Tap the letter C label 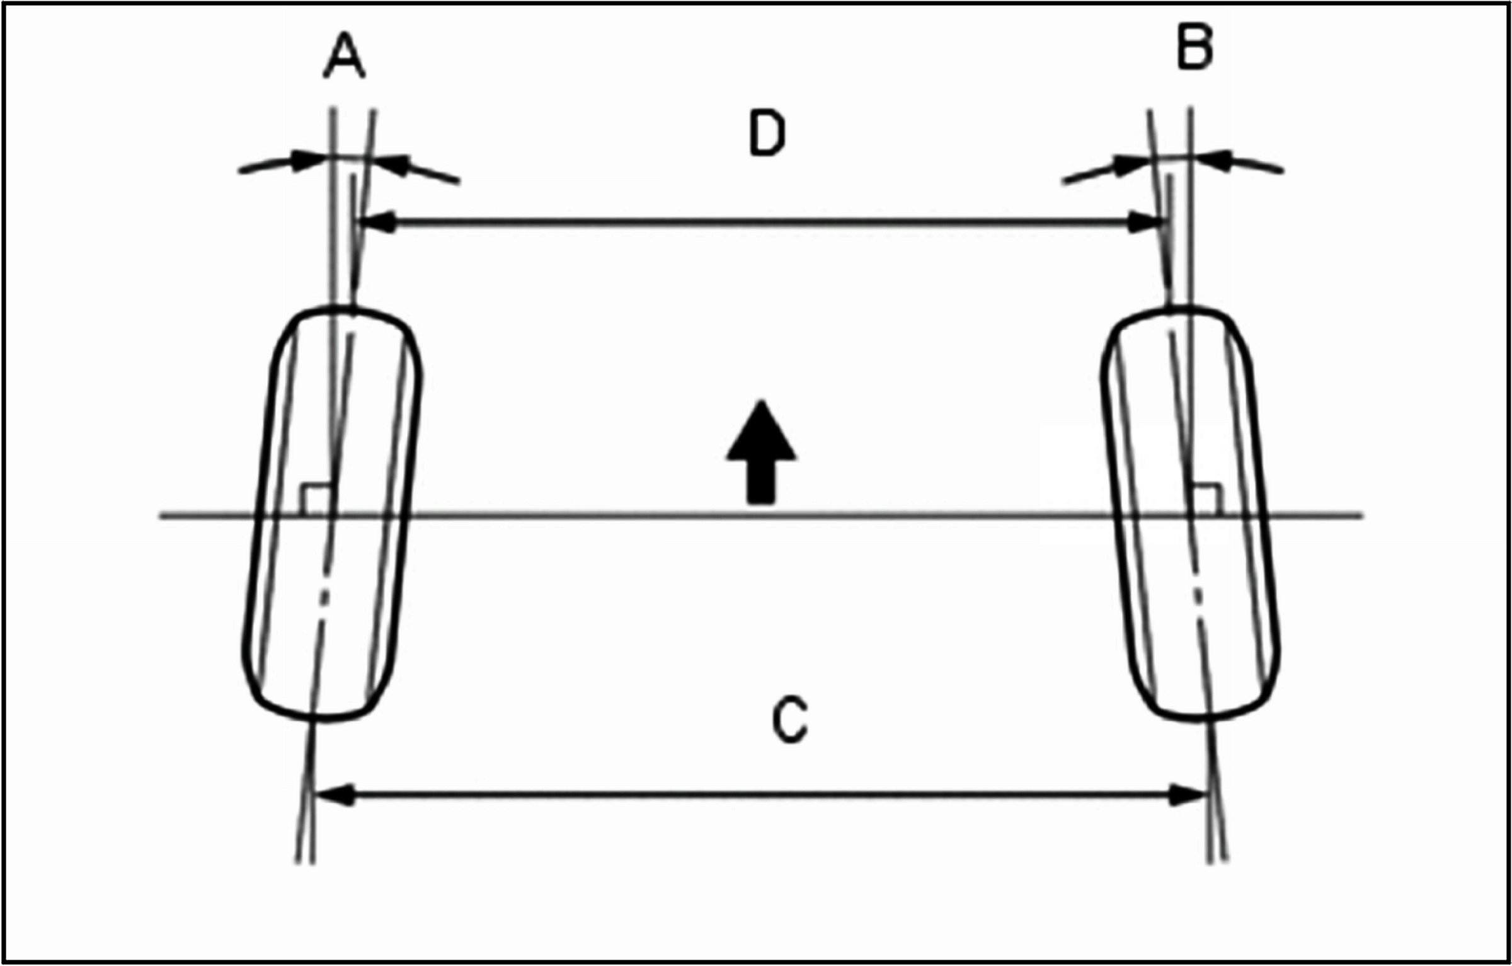(x=790, y=720)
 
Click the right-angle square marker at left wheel (x=316, y=500)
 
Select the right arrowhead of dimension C (x=1186, y=795)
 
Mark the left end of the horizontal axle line (x=163, y=516)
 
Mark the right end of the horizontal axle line (x=1361, y=516)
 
